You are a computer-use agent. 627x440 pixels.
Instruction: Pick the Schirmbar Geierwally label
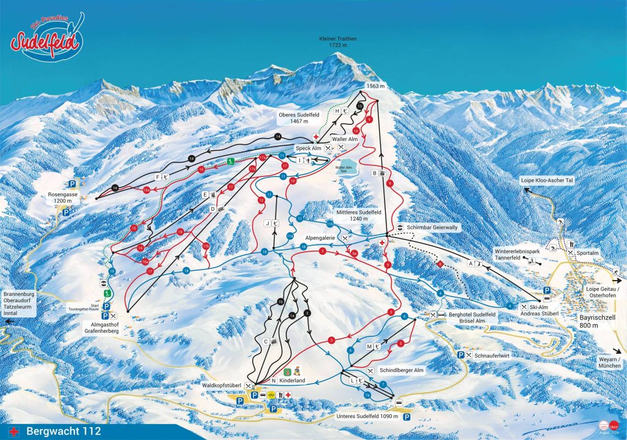coord(432,227)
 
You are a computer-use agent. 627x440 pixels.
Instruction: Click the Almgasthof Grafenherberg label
coord(102,327)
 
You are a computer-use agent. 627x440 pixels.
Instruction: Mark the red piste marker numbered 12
coord(261,200)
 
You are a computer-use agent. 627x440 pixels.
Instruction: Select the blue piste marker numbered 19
coord(112,271)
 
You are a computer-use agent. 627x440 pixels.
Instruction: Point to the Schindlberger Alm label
coord(402,371)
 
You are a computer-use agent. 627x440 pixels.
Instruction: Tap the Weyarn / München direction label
coord(610,362)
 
